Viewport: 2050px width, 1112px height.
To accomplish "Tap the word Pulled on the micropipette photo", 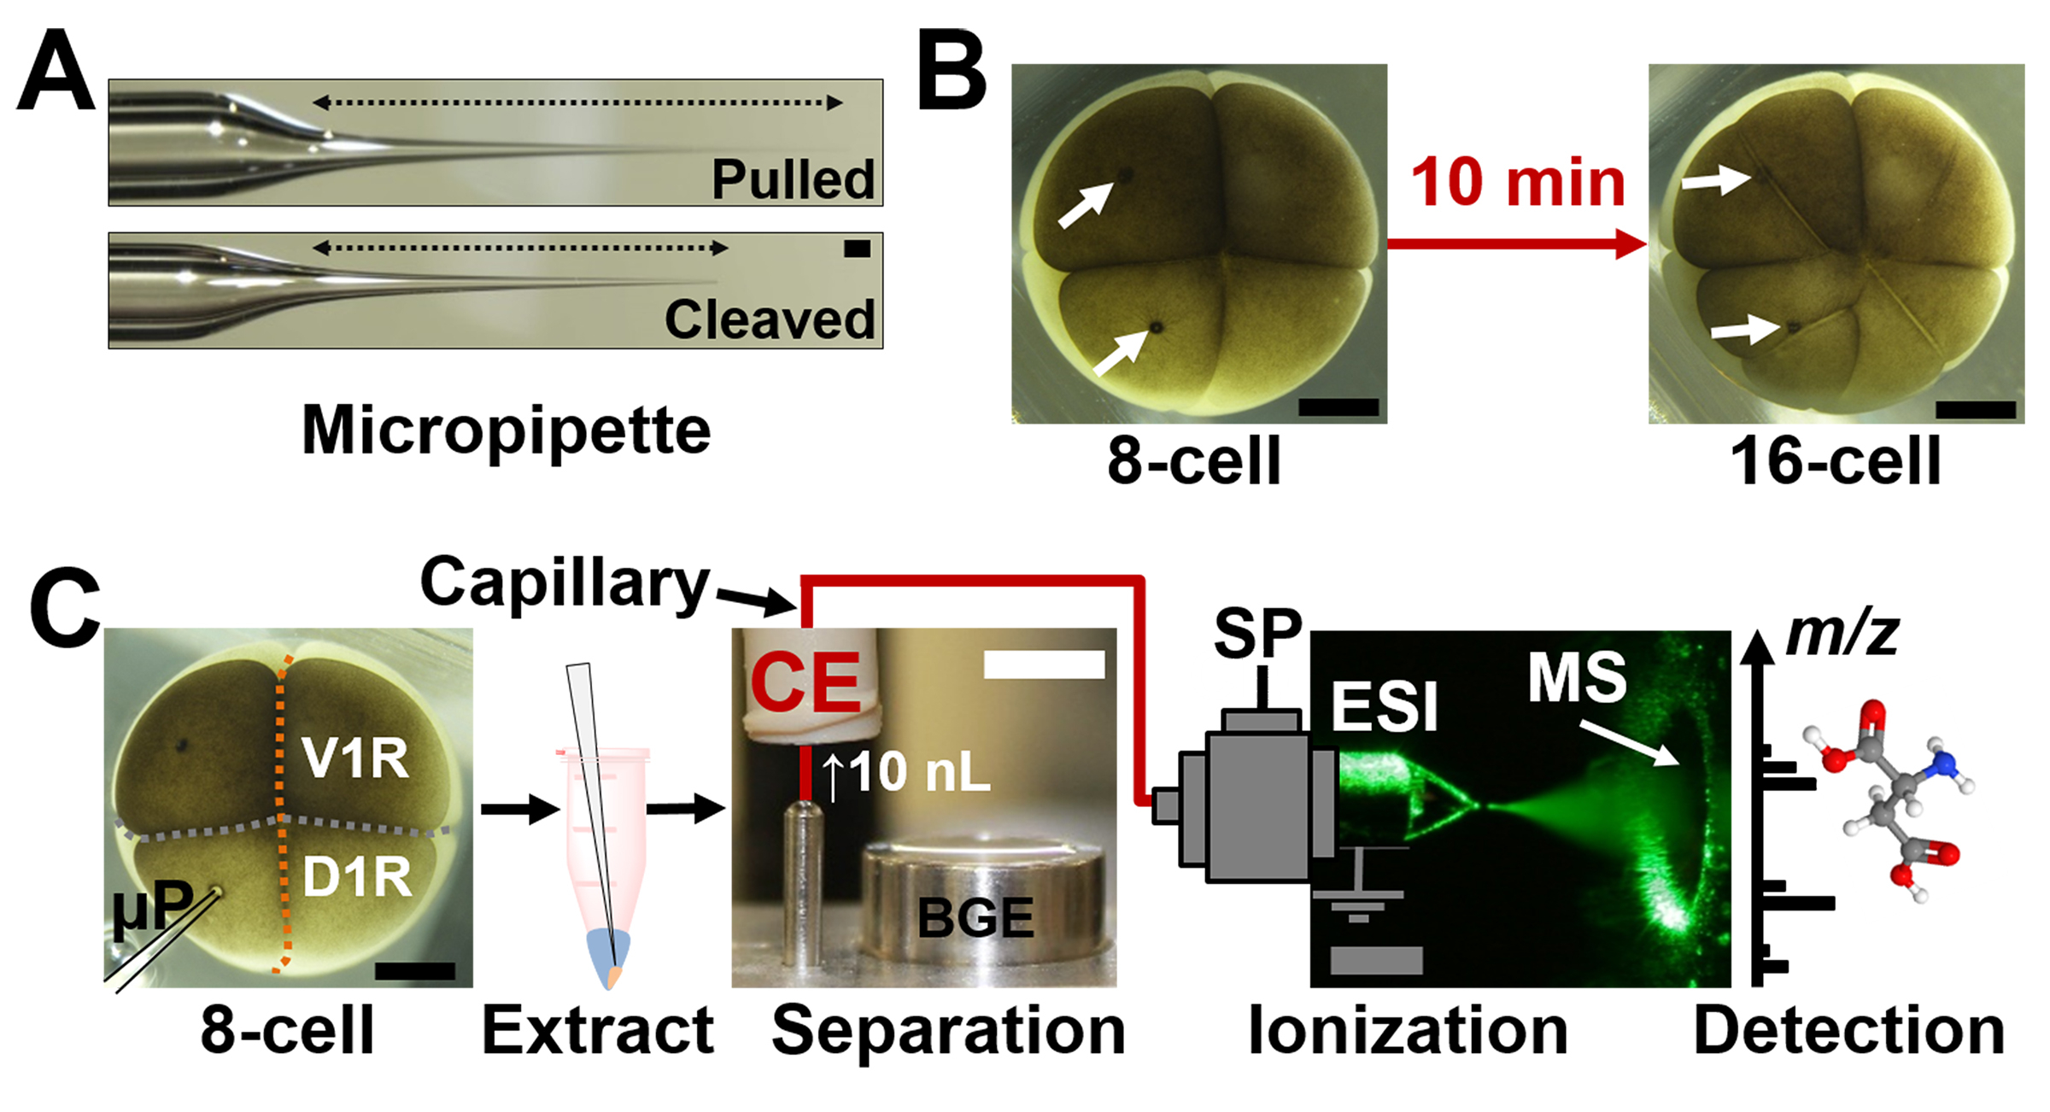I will tap(793, 179).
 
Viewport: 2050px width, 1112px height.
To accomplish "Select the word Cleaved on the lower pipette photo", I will tap(769, 320).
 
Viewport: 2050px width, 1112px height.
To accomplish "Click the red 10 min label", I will tap(1517, 184).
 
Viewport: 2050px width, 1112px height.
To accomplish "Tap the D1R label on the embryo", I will tap(358, 876).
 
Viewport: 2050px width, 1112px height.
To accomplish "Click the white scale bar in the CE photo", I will tap(1044, 664).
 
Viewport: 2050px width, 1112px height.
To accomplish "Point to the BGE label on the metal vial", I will tap(975, 919).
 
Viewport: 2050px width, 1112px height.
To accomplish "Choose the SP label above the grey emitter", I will tap(1257, 634).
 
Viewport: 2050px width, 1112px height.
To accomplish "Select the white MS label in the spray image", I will tap(1577, 678).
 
